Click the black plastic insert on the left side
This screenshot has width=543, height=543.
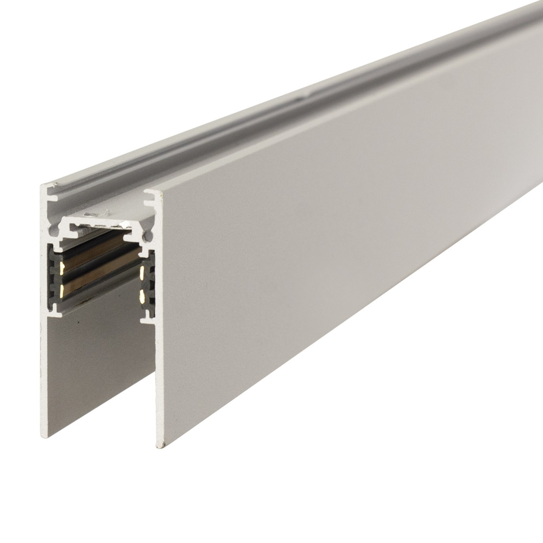point(55,277)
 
